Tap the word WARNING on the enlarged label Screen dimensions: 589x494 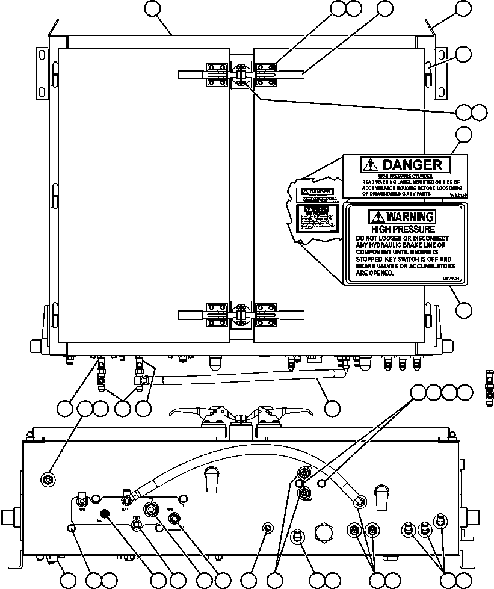pyautogui.click(x=410, y=217)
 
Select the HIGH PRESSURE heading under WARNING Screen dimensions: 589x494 pyautogui.click(x=403, y=229)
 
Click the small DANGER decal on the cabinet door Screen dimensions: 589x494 pyautogui.click(x=316, y=194)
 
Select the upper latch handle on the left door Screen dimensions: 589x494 pyautogui.click(x=191, y=74)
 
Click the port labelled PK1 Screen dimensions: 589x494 pyautogui.click(x=137, y=523)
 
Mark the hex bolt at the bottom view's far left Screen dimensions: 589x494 pyautogui.click(x=49, y=479)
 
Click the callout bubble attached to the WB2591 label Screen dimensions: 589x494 pyautogui.click(x=463, y=310)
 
